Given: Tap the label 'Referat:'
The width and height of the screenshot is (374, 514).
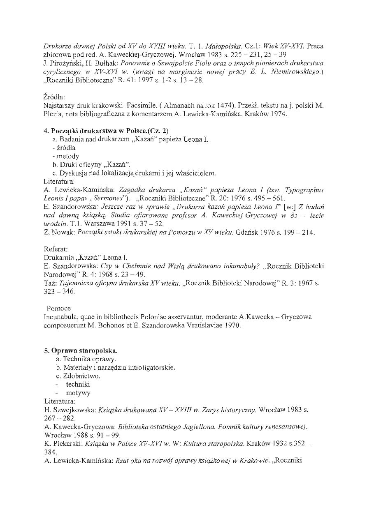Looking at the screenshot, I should (56, 249).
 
